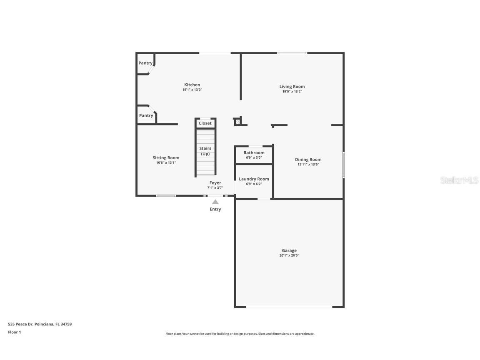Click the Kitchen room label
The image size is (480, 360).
[192, 85]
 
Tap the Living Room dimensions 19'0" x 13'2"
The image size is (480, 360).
[292, 92]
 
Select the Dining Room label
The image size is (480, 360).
[308, 160]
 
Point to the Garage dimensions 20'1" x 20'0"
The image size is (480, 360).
[289, 255]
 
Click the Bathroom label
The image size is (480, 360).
[254, 153]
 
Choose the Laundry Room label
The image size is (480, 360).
[254, 179]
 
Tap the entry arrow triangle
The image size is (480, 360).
[215, 202]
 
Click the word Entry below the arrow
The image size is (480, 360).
[215, 209]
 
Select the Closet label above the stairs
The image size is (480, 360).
[205, 123]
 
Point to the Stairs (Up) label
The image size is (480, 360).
[205, 151]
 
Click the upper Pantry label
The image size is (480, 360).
[145, 63]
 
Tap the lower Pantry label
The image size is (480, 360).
[146, 116]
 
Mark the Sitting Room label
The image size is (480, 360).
[166, 158]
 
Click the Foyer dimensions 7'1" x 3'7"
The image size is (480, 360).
[215, 188]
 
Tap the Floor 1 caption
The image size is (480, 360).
[14, 332]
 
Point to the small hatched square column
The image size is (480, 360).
[237, 122]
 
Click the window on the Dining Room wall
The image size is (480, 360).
[343, 165]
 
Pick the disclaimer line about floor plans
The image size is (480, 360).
[240, 334]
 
